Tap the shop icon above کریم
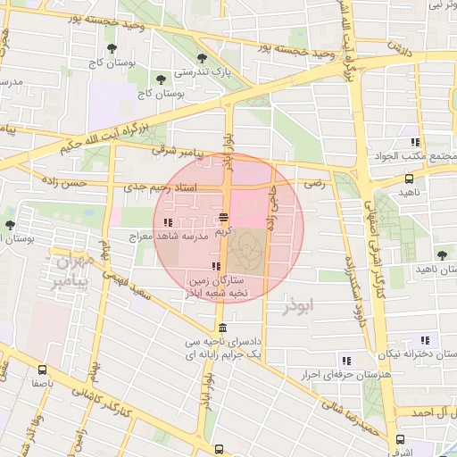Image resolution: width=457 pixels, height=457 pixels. coord(223,217)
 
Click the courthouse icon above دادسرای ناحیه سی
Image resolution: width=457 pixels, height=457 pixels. coord(222,328)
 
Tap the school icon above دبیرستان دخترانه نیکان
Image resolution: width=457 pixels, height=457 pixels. coord(424,340)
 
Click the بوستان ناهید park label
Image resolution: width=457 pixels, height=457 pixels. coord(435,269)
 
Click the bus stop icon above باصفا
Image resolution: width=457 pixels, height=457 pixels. coord(43,370)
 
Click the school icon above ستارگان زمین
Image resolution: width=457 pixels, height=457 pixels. coord(216,266)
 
